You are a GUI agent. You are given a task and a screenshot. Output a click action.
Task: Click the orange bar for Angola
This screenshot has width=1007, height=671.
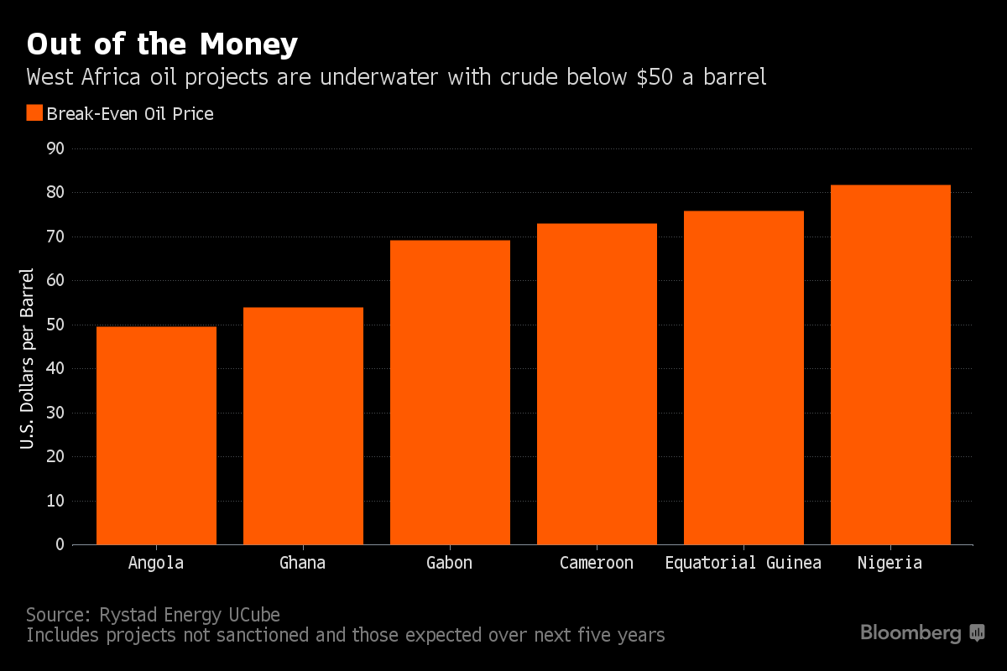[156, 435]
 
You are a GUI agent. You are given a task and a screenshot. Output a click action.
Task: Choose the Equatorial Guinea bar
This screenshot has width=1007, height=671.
[744, 377]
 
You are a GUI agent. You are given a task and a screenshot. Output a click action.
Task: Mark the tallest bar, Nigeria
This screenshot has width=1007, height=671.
[890, 365]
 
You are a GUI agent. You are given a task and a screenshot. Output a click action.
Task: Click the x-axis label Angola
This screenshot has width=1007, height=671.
[156, 563]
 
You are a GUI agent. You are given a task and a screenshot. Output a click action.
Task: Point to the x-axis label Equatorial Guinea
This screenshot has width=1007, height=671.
[743, 563]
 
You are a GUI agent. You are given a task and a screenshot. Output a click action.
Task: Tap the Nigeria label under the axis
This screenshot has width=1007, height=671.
[890, 563]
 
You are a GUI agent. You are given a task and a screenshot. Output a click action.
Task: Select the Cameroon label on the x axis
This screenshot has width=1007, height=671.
[597, 563]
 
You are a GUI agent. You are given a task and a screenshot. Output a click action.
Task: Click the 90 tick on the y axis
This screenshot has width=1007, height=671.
[55, 149]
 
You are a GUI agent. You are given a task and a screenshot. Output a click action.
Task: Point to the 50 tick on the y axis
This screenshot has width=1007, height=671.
[55, 325]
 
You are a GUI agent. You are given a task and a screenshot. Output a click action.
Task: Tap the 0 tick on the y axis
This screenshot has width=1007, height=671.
[60, 545]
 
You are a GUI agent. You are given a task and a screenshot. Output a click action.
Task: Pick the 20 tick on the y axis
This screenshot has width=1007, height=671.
[55, 457]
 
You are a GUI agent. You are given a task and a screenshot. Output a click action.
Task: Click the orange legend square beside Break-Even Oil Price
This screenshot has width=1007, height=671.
[34, 113]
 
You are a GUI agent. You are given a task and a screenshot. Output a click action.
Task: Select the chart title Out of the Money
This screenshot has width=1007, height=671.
[162, 44]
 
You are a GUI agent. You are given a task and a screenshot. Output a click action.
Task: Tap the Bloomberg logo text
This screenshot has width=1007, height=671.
[910, 633]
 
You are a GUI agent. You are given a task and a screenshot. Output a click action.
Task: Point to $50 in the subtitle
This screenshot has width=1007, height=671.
[660, 78]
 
